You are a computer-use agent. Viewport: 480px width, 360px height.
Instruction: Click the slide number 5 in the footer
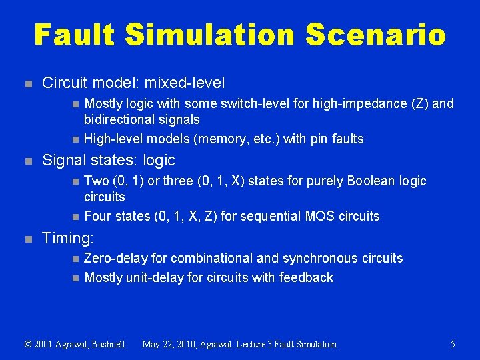tap(453, 344)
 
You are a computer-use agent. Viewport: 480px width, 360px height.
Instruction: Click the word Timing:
tap(68, 238)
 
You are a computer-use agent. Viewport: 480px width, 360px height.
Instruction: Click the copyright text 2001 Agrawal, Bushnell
tap(81, 344)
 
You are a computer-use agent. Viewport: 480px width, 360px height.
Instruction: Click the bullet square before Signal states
tap(27, 161)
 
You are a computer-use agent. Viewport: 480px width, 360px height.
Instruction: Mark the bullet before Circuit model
tap(27, 84)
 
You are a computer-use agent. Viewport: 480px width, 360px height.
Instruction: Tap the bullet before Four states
tap(75, 217)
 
